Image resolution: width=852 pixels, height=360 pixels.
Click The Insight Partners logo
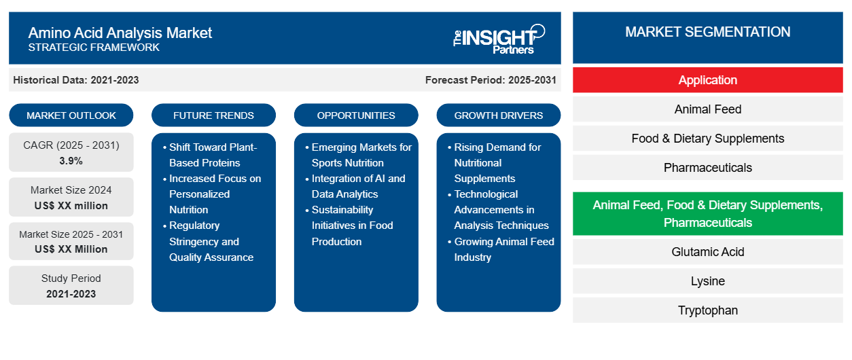click(x=499, y=39)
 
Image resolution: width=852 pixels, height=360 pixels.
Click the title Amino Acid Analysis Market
click(x=120, y=33)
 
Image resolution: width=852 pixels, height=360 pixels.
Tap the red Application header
click(x=707, y=80)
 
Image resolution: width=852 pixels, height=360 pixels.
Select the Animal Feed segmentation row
click(x=707, y=109)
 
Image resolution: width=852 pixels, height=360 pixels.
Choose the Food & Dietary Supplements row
click(x=707, y=139)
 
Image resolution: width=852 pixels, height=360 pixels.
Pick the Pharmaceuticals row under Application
click(x=707, y=168)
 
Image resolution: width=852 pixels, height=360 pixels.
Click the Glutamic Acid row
click(x=707, y=251)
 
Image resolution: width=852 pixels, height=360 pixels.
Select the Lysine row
click(x=707, y=281)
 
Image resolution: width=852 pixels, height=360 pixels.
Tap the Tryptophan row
click(x=707, y=310)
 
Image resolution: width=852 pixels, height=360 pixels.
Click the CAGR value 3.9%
click(x=71, y=161)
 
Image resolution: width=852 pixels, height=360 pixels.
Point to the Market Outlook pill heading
click(x=71, y=115)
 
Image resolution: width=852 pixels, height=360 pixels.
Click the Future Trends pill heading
click(x=213, y=115)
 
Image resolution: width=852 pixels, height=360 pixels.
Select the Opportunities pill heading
click(x=356, y=115)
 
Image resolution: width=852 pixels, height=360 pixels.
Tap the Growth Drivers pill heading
click(x=498, y=115)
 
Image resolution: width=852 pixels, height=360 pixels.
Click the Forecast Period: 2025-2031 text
click(x=491, y=80)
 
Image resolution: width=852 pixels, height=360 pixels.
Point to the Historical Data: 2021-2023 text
click(x=76, y=80)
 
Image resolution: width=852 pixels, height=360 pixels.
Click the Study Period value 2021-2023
click(x=71, y=294)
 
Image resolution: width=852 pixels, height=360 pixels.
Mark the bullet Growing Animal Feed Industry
click(x=501, y=249)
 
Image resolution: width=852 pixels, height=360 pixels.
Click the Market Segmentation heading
click(x=707, y=32)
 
